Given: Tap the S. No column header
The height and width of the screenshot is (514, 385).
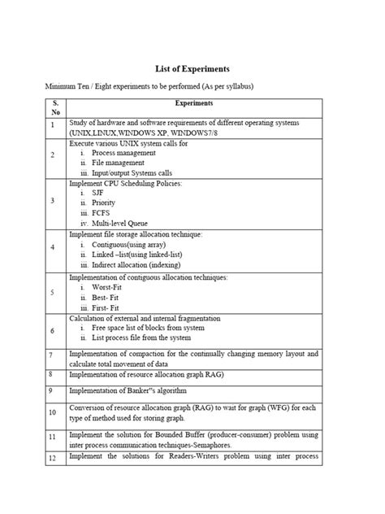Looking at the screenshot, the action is click(x=55, y=108).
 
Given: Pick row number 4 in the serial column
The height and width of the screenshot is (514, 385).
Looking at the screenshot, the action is click(x=51, y=248).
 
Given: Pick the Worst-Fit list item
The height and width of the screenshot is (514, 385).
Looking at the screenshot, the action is click(x=110, y=289).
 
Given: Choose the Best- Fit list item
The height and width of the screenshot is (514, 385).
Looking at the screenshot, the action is click(x=107, y=298).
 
